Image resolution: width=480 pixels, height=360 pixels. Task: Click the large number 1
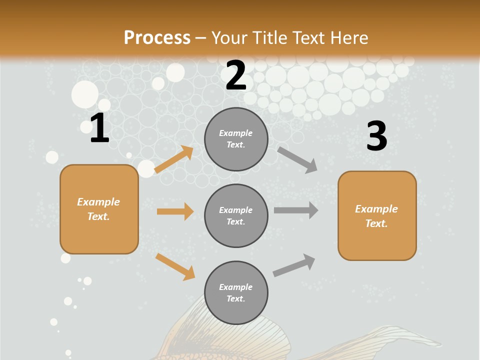99,128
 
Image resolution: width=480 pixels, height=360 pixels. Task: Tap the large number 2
236,75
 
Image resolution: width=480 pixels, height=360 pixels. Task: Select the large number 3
377,136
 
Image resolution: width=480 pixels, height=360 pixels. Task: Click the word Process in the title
157,37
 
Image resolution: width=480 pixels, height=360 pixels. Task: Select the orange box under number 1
99,209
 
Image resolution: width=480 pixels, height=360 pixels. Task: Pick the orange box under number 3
377,215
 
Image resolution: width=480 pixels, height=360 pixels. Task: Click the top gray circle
236,139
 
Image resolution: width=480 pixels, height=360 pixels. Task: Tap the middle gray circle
236,215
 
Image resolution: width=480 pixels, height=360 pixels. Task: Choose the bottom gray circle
236,292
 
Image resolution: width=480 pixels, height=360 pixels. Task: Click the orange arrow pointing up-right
174,159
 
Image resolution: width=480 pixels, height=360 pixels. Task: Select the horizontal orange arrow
175,211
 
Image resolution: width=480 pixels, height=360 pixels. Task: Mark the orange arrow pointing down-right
175,266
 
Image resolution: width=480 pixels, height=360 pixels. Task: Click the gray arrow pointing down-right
297,159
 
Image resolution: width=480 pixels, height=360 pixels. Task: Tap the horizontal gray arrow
295,210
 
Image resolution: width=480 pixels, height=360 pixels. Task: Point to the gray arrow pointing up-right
294,265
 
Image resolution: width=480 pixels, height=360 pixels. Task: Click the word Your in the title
228,37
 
